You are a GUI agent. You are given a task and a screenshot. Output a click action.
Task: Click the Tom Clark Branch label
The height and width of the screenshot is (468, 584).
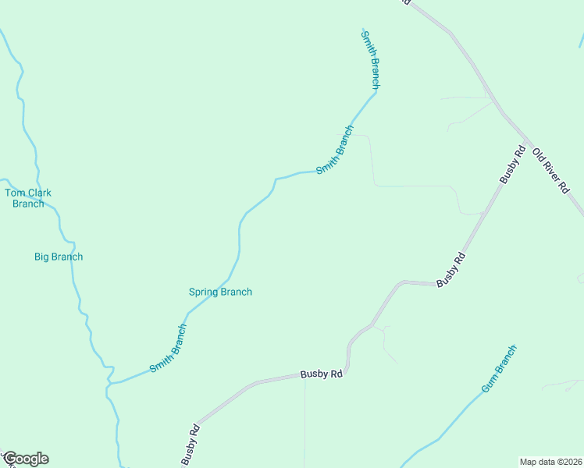(x=28, y=198)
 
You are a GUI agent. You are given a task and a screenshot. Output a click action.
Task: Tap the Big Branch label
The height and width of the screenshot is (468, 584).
(x=59, y=257)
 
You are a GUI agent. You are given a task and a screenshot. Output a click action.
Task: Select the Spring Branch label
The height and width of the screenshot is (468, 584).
(x=220, y=292)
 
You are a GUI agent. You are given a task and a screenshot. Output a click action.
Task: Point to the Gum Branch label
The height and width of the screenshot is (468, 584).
(x=499, y=368)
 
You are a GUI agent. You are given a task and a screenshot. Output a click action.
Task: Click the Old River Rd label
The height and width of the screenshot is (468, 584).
(x=552, y=172)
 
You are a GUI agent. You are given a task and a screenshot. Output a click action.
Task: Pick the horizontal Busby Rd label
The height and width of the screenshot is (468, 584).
(x=322, y=374)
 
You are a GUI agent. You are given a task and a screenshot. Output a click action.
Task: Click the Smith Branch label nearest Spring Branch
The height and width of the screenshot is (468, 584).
(x=169, y=348)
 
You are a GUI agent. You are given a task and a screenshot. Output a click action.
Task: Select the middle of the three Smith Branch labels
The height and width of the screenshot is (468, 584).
(x=335, y=149)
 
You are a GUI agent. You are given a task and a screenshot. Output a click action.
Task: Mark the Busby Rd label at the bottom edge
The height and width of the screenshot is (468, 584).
(x=191, y=445)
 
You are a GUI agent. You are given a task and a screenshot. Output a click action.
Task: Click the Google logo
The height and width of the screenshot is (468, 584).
(x=25, y=459)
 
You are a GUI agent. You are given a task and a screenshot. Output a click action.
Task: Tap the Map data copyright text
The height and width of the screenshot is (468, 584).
(x=550, y=461)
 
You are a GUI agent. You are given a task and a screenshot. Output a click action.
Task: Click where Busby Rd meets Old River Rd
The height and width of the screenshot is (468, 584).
(x=530, y=144)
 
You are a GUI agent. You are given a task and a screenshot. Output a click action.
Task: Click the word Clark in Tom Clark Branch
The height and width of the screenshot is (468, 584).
(x=38, y=193)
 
